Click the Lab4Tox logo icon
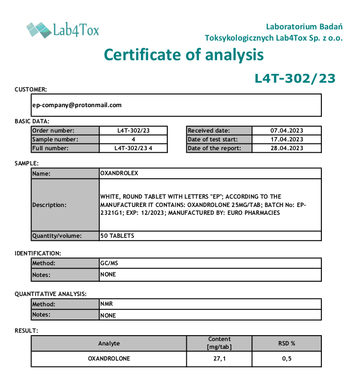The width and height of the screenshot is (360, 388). [39, 30]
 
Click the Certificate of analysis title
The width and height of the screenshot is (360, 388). [184, 55]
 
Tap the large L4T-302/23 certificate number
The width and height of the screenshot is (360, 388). [295, 79]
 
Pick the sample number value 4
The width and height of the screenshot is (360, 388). [134, 139]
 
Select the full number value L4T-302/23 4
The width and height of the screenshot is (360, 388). [134, 148]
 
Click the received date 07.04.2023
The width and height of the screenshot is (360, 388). [287, 131]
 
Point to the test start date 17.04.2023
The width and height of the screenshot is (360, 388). [287, 139]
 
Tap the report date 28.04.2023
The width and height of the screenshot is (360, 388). [287, 148]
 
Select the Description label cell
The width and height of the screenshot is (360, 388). [65, 205]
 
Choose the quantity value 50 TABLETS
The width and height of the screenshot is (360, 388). [117, 236]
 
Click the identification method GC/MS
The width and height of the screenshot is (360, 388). [109, 263]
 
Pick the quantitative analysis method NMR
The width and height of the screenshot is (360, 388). [107, 304]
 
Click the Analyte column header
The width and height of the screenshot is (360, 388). [109, 343]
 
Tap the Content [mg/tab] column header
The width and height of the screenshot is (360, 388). [219, 343]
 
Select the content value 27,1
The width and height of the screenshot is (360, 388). [219, 359]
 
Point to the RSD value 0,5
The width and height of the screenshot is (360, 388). [286, 359]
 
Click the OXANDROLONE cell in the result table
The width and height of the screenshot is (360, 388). [109, 359]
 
